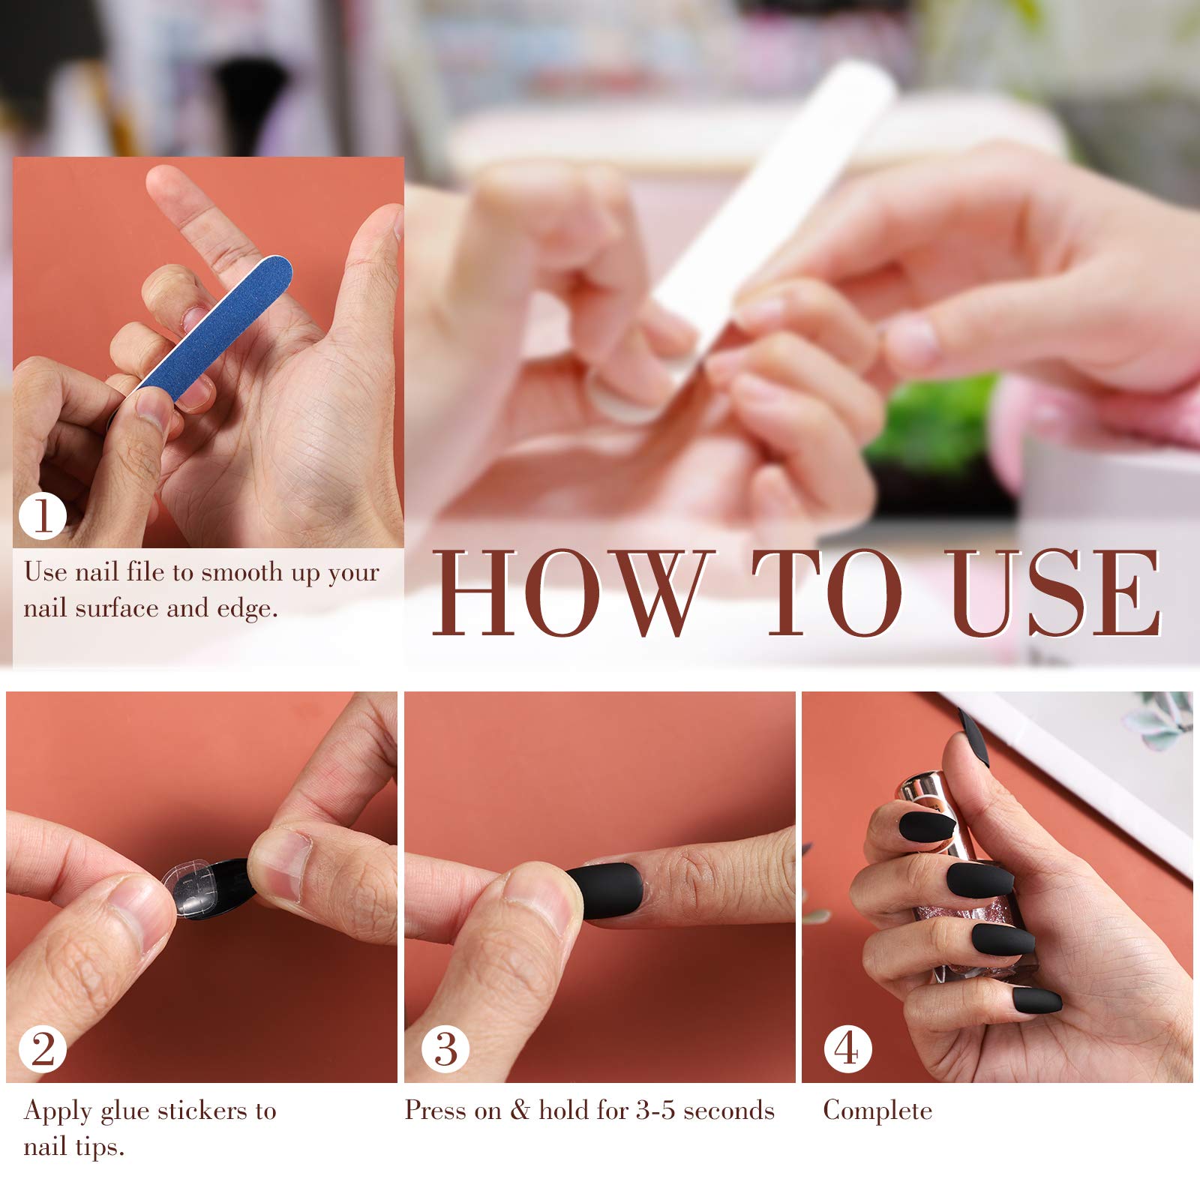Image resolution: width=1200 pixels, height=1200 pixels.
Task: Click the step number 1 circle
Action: point(43,515)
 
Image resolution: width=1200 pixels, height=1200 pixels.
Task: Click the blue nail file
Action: point(215,324)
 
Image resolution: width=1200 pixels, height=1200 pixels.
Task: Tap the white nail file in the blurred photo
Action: point(772,217)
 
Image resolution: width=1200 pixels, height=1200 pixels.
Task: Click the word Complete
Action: point(877,1110)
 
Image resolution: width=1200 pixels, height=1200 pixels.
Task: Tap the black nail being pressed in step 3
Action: point(606,890)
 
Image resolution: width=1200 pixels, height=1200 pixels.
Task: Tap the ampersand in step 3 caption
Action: point(519,1110)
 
